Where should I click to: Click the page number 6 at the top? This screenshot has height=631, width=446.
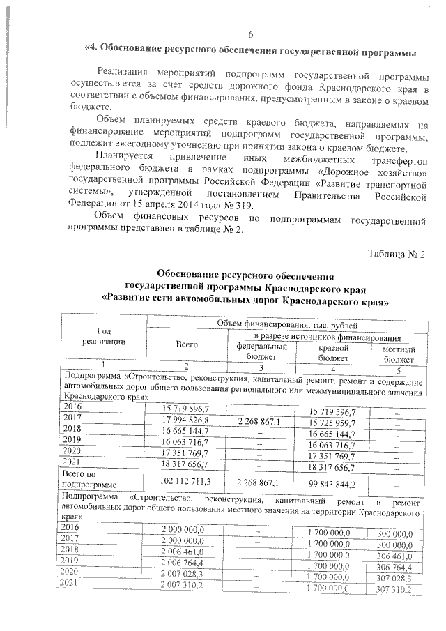coord(251,36)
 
